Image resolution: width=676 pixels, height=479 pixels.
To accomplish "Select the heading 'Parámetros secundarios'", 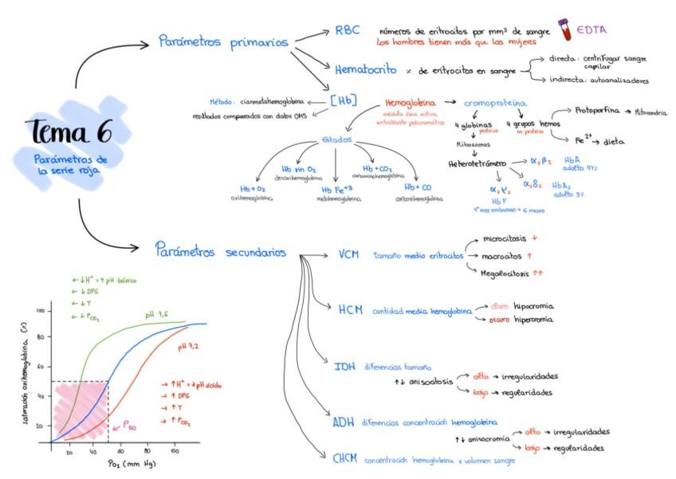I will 221,251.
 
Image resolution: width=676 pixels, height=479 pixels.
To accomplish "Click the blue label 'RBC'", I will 347,30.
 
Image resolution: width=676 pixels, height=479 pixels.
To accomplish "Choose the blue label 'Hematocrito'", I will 366,70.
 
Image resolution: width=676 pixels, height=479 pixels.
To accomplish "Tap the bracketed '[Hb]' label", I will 344,100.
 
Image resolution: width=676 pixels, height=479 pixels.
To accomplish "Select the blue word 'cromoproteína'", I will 497,104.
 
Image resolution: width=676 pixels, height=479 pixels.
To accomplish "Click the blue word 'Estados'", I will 336,139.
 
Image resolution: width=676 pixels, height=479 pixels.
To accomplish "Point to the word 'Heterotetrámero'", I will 478,163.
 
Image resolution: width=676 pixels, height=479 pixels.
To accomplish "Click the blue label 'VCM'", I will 348,255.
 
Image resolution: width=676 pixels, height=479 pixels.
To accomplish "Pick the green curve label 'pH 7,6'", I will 156,315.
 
